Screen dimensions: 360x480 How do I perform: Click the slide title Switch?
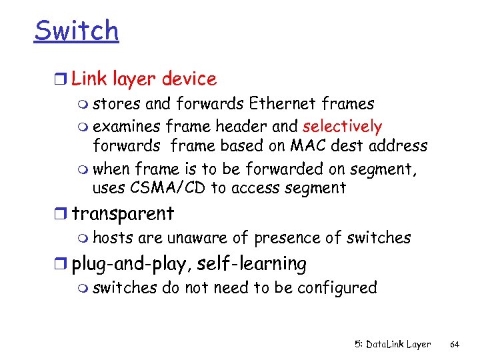tap(76, 31)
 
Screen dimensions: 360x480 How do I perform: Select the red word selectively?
tap(342, 127)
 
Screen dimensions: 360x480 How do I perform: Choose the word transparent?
tap(123, 214)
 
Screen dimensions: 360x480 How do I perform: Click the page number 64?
tap(455, 345)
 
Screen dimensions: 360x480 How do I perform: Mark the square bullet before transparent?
tap(63, 215)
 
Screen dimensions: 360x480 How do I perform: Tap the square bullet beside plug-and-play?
tap(63, 265)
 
